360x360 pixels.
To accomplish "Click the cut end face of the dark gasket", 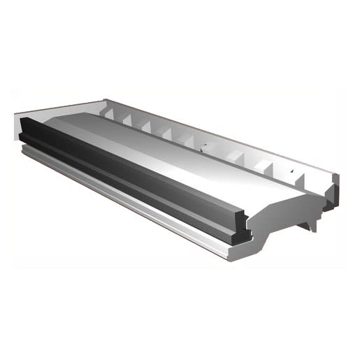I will tap(238, 231).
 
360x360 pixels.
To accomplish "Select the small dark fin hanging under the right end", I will tap(308, 223).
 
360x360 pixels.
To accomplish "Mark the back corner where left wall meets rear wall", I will tap(105, 103).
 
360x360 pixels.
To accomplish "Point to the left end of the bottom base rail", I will tap(24, 150).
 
